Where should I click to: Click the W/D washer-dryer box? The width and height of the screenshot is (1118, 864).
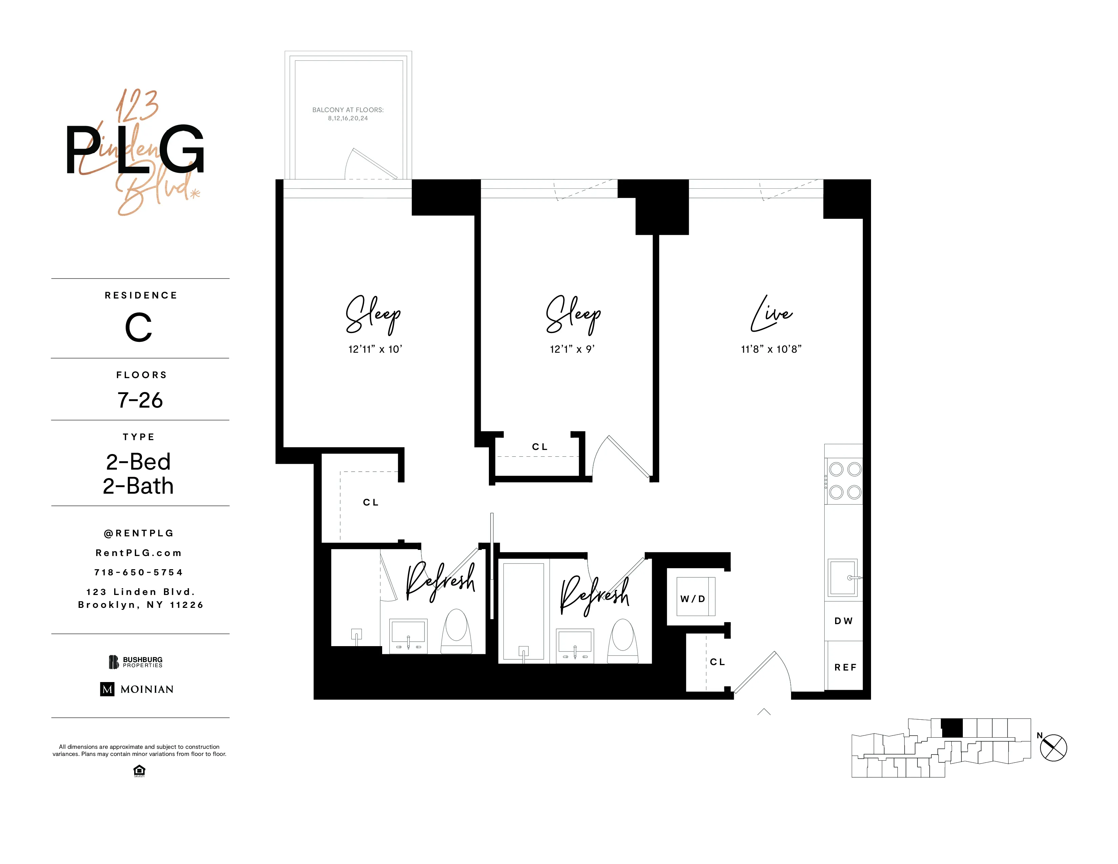tap(695, 597)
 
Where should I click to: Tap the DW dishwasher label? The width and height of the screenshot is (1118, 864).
tap(843, 621)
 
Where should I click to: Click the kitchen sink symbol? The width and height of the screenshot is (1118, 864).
tap(843, 577)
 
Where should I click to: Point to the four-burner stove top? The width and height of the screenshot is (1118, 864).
tap(845, 481)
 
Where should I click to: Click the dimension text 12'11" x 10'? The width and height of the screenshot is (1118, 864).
tap(375, 349)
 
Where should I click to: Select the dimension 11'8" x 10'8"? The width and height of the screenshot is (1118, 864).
tap(771, 349)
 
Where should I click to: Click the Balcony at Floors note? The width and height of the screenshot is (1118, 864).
tap(348, 114)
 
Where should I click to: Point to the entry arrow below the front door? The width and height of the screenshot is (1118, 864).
tap(764, 712)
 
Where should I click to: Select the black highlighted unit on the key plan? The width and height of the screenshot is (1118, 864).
tap(952, 728)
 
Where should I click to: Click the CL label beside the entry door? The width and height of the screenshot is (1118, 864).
tap(717, 662)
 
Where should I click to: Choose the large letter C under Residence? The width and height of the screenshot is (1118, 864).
tap(139, 328)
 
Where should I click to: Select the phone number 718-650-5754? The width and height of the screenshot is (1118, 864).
tap(139, 572)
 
